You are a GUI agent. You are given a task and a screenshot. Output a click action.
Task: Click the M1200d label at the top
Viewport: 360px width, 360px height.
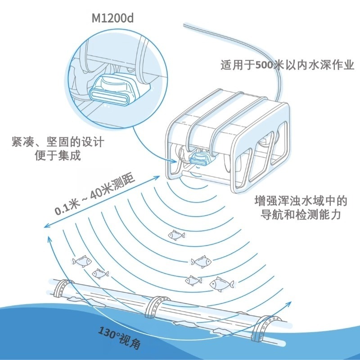(112, 18)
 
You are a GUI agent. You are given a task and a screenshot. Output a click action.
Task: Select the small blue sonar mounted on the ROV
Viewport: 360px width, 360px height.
(199, 160)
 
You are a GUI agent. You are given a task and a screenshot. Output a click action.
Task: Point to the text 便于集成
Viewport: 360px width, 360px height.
(58, 155)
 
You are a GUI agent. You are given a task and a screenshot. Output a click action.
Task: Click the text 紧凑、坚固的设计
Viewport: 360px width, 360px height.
(58, 142)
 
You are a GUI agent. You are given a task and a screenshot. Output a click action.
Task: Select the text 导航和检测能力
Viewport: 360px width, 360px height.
(301, 215)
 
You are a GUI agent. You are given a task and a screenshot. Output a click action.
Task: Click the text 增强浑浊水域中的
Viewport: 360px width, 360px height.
(301, 201)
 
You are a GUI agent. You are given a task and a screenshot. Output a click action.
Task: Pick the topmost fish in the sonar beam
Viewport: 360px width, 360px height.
(176, 235)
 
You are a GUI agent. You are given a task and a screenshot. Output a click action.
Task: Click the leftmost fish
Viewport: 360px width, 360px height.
(82, 261)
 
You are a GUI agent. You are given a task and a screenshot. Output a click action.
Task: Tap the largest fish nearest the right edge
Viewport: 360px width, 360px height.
(221, 284)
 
